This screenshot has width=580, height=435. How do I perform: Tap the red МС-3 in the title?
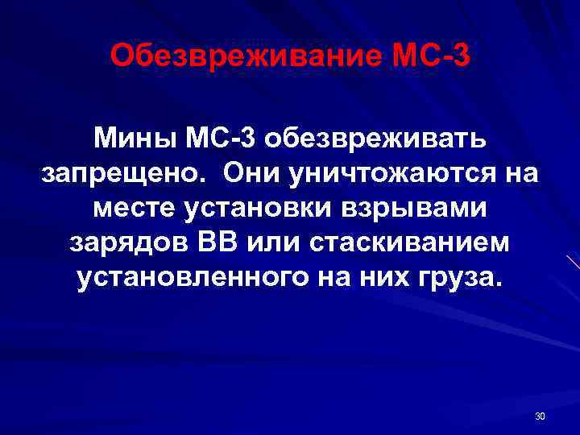(x=429, y=56)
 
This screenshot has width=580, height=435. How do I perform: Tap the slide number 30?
(x=540, y=416)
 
